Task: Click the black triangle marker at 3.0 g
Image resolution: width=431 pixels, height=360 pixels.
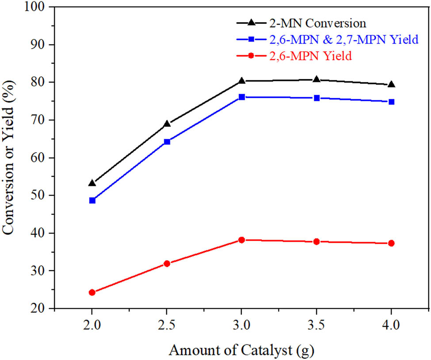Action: click(x=241, y=81)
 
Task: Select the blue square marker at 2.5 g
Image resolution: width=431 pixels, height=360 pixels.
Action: click(x=167, y=142)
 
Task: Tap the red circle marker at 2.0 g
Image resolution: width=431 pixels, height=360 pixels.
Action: click(x=92, y=292)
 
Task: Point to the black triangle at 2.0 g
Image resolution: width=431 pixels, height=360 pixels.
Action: click(x=92, y=183)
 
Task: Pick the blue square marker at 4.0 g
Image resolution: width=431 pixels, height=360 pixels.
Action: click(x=391, y=102)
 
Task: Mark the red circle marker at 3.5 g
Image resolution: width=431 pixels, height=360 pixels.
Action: click(x=317, y=241)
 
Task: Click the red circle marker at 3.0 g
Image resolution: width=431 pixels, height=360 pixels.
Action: click(x=241, y=240)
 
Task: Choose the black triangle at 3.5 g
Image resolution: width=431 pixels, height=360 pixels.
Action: click(x=317, y=80)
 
